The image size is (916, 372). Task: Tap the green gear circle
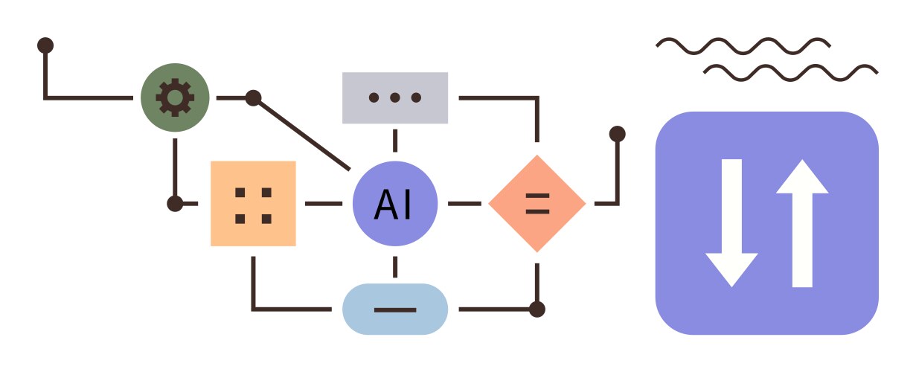pos(175,97)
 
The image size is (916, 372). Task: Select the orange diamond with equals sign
pos(537,203)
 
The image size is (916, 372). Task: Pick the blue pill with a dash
pos(394,309)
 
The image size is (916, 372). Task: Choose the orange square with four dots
pos(253,203)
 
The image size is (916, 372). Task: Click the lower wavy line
pos(790,72)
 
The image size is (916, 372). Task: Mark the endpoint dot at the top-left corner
pos(45,45)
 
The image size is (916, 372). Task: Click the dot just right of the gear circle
pos(253,97)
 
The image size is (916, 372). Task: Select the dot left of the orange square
pos(175,203)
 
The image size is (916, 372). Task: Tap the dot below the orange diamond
pos(537,308)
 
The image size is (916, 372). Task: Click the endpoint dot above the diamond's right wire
pos(617,134)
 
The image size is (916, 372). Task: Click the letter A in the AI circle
pos(384,204)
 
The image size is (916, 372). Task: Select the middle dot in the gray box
pos(394,97)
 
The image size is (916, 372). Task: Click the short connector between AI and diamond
pos(465,203)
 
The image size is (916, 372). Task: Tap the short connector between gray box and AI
pos(394,140)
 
